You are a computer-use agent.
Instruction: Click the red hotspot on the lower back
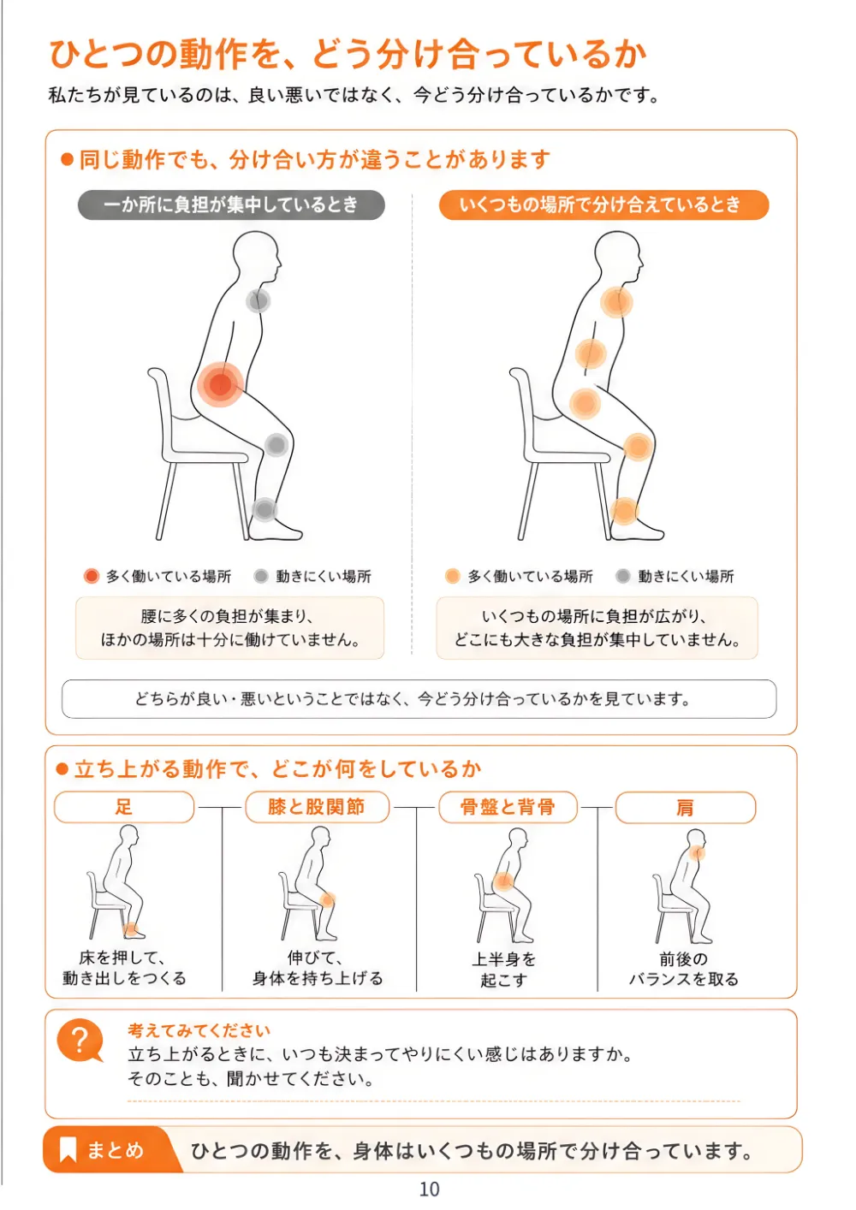click(220, 384)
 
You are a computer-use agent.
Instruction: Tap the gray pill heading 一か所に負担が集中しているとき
click(231, 205)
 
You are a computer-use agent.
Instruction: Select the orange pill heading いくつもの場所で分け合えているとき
click(603, 205)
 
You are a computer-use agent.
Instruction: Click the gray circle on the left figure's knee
click(276, 445)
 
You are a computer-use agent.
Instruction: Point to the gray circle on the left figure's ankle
click(265, 509)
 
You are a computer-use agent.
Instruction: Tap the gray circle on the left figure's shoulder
click(258, 300)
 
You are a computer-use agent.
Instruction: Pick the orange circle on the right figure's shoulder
click(616, 301)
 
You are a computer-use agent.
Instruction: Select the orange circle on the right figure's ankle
click(624, 511)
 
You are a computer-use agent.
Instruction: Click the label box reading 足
click(124, 807)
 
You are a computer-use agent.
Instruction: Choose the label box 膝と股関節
click(318, 807)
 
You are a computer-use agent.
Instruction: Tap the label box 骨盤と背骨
click(508, 807)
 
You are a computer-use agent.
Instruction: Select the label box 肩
click(686, 808)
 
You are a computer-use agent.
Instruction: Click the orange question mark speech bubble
click(80, 1040)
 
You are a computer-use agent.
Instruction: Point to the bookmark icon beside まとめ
click(68, 1149)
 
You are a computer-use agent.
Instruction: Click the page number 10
click(430, 1189)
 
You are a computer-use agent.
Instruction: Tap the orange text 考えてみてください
click(199, 1030)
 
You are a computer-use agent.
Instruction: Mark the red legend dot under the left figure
click(92, 576)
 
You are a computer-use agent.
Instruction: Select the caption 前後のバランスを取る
click(684, 969)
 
